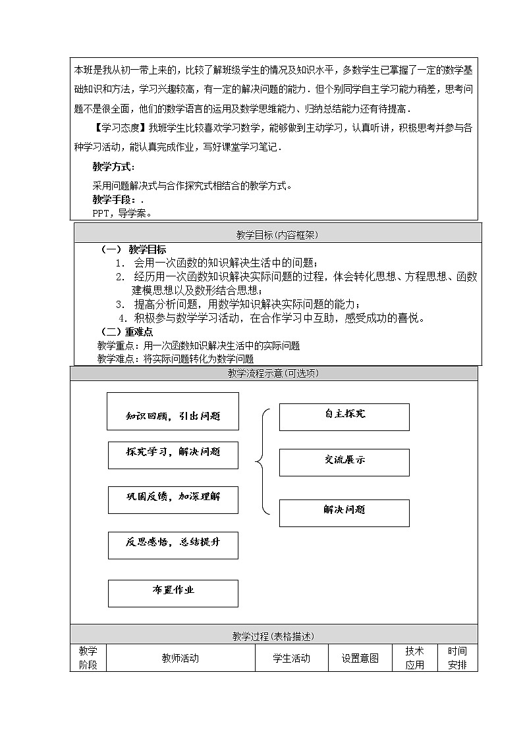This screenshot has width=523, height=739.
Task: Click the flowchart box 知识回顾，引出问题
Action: [x=173, y=412]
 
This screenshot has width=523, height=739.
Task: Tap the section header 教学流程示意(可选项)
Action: [x=273, y=373]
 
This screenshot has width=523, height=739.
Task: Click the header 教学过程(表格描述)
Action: [x=273, y=636]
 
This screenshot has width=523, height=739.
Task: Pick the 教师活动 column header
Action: [x=180, y=658]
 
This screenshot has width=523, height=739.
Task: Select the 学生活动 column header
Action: [x=291, y=658]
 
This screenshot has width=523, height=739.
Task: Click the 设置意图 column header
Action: [x=360, y=658]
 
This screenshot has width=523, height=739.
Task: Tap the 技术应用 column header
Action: [x=415, y=658]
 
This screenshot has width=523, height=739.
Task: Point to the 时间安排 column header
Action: [x=457, y=658]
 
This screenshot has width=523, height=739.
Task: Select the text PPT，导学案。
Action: [x=123, y=213]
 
